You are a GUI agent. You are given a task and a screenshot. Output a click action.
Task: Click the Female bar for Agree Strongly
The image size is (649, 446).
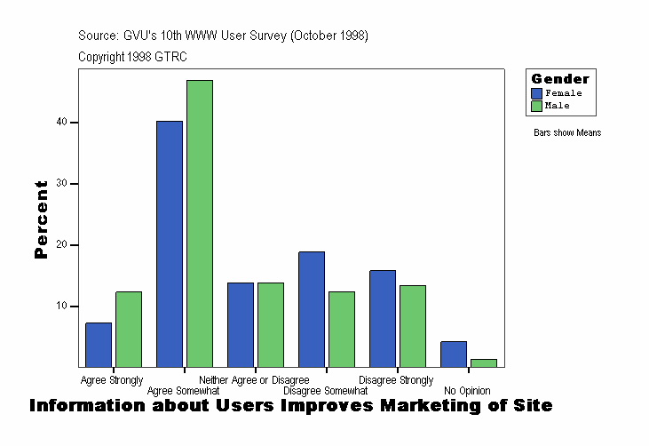click(x=99, y=345)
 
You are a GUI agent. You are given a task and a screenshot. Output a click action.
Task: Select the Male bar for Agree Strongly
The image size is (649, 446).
click(x=129, y=329)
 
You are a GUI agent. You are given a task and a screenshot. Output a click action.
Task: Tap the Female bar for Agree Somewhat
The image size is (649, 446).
click(x=170, y=244)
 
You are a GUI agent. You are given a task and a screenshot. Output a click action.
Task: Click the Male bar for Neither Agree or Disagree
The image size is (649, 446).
click(x=271, y=324)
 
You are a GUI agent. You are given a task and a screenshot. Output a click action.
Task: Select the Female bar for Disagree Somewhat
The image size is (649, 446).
click(x=312, y=309)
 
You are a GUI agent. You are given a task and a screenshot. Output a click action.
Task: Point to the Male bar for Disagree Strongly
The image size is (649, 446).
click(x=413, y=326)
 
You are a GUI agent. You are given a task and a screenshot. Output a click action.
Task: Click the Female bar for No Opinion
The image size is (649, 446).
click(x=454, y=354)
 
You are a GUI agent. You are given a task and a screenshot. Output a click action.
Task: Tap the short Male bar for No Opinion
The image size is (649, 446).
click(x=484, y=362)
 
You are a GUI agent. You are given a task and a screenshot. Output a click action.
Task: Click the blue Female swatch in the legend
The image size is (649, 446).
click(x=537, y=92)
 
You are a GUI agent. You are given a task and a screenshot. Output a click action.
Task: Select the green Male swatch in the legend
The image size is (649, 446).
click(x=537, y=106)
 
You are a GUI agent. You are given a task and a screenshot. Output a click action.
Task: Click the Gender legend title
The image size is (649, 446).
click(x=560, y=79)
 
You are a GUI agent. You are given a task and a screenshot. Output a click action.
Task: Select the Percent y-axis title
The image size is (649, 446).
click(x=41, y=219)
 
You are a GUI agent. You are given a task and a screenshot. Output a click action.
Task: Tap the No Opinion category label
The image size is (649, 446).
click(x=467, y=391)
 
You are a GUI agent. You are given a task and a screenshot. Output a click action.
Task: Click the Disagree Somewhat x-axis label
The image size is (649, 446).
click(x=325, y=391)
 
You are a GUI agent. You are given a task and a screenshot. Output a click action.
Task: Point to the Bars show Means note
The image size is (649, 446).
click(x=567, y=132)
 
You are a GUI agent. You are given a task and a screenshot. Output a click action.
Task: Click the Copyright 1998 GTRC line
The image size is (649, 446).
click(x=132, y=57)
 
